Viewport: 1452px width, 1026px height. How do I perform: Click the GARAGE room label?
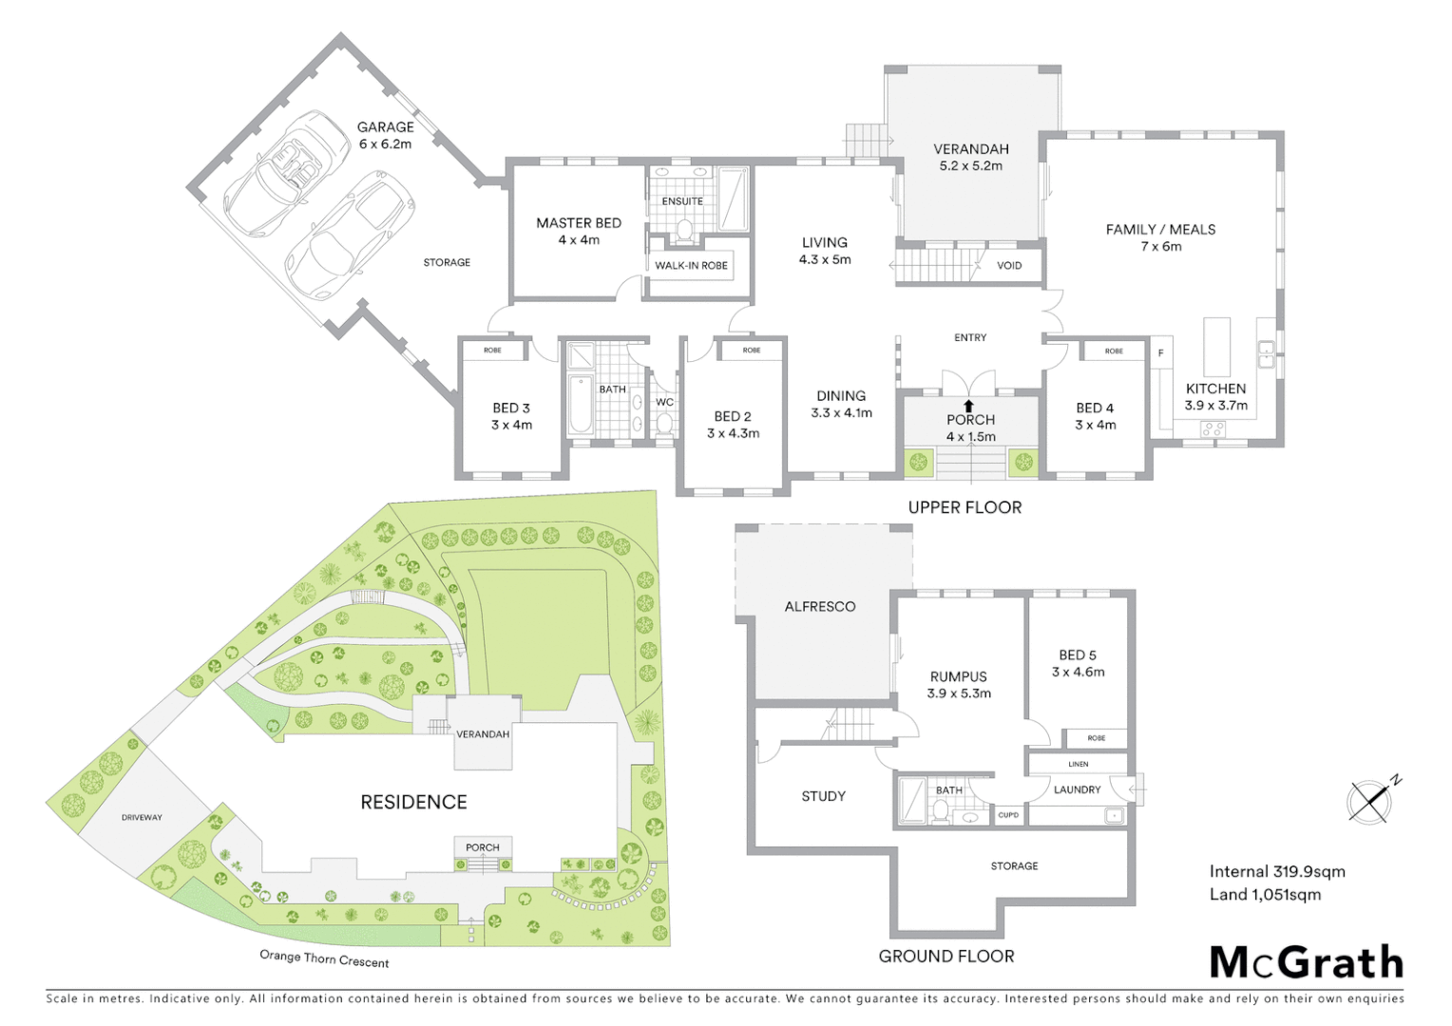(x=385, y=127)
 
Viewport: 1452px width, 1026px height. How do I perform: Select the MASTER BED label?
(x=578, y=223)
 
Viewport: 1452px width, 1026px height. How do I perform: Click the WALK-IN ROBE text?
(x=691, y=266)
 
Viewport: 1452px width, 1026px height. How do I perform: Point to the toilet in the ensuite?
(x=683, y=229)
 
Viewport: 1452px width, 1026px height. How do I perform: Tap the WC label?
(x=664, y=403)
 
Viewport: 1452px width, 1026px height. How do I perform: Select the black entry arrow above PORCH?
(x=969, y=406)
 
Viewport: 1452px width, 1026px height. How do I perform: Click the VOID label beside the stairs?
(x=1009, y=266)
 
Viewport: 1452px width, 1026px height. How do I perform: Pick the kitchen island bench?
(x=1216, y=348)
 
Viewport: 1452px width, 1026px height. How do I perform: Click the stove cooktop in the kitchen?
(x=1213, y=429)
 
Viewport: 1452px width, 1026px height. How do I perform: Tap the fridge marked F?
(x=1160, y=353)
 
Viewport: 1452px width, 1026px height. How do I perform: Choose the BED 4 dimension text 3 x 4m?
(x=1095, y=426)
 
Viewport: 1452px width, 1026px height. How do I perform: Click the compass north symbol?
(x=1371, y=800)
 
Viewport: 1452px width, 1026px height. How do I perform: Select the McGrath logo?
(x=1306, y=962)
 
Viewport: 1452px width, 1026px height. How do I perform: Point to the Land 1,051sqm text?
(x=1265, y=895)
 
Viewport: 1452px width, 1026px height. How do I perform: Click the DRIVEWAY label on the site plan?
(x=142, y=818)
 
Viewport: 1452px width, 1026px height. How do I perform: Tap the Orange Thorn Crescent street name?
(x=324, y=959)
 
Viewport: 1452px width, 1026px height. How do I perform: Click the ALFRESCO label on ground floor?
(x=819, y=607)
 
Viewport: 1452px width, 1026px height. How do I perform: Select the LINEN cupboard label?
(x=1078, y=764)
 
